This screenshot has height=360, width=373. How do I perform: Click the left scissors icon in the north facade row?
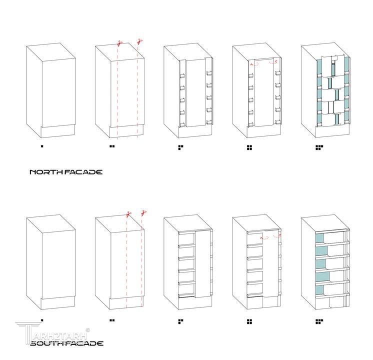click(x=119, y=43)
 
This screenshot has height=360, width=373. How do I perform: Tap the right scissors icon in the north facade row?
click(x=140, y=42)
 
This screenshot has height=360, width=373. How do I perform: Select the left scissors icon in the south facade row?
click(x=129, y=214)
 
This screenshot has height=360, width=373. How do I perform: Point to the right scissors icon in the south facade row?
click(x=143, y=212)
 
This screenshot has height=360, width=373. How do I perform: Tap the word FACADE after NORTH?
click(x=83, y=172)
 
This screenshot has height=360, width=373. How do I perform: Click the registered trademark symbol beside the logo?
click(x=87, y=330)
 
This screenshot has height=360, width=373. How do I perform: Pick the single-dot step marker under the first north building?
click(x=42, y=146)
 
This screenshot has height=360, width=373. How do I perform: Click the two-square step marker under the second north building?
click(x=112, y=146)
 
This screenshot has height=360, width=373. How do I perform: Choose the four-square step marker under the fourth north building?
click(x=249, y=148)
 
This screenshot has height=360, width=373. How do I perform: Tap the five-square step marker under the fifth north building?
click(x=319, y=148)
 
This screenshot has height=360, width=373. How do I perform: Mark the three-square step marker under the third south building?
click(x=181, y=321)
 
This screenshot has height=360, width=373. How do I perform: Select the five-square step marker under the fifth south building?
click(x=319, y=321)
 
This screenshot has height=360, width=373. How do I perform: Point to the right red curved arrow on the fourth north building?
click(x=273, y=62)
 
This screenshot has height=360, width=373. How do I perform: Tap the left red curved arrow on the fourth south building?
click(x=264, y=237)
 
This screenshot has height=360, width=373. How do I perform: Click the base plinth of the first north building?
click(x=58, y=131)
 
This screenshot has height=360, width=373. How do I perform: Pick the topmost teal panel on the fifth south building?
click(x=319, y=238)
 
